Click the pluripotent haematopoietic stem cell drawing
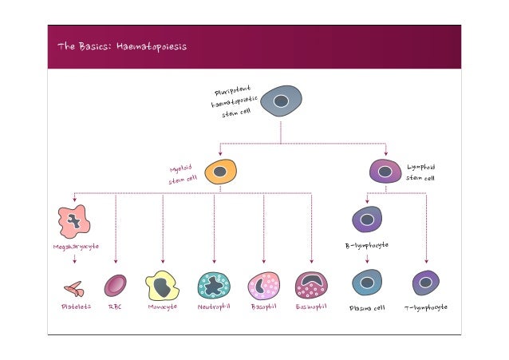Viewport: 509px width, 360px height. [281, 101]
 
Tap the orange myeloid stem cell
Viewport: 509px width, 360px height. [221, 172]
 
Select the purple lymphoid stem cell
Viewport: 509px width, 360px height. [386, 171]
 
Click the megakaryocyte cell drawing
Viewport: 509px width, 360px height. [74, 221]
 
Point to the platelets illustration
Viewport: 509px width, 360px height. [73, 287]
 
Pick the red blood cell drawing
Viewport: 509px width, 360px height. [116, 285]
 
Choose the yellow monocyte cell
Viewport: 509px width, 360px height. [162, 286]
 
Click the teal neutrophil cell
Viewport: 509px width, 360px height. [214, 285]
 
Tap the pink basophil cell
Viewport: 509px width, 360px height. [263, 285]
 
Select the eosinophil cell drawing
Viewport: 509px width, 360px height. [311, 285]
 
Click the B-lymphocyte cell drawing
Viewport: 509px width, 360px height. [367, 220]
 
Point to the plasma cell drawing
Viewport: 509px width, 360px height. [367, 283]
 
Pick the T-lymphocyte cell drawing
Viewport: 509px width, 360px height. [426, 283]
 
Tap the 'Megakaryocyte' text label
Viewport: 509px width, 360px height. [76, 247]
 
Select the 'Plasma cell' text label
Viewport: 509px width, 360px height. [367, 307]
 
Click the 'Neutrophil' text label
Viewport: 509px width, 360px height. [214, 306]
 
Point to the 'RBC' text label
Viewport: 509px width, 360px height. [115, 307]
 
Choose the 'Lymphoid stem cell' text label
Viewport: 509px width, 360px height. [421, 172]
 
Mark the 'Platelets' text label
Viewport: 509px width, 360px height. [76, 307]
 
